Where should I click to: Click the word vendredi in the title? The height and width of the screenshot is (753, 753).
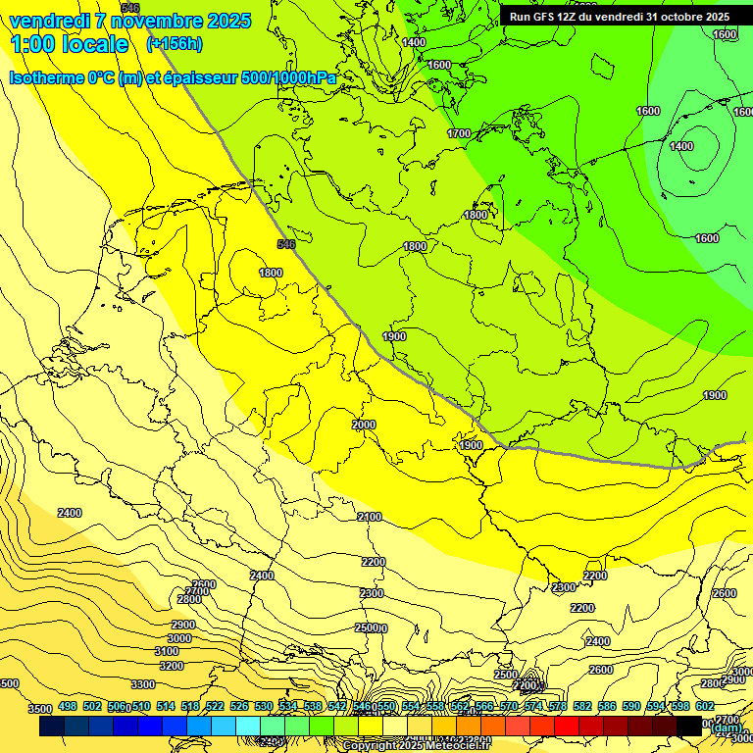tap(51, 21)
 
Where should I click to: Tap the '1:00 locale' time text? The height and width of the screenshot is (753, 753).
tap(70, 44)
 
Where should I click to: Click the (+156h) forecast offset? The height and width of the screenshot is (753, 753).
tap(174, 43)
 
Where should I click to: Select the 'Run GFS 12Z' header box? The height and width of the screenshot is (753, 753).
tap(619, 17)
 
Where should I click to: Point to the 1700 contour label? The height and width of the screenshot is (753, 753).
tap(459, 133)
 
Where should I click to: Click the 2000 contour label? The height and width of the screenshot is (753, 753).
tap(364, 425)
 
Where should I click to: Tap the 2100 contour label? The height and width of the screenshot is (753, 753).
tap(370, 517)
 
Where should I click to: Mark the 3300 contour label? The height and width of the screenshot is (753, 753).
tap(143, 684)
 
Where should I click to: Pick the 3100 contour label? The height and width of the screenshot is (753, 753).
tap(167, 652)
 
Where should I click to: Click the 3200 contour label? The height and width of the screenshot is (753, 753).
tap(172, 667)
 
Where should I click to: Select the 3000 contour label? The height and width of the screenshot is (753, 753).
tap(179, 638)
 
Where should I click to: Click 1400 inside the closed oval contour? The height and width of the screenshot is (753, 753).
tap(681, 147)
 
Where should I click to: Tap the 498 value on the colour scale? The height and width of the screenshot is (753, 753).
tap(68, 706)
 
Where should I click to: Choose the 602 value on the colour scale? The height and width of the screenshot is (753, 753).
tap(705, 706)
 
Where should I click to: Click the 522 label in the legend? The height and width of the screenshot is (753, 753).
tap(215, 706)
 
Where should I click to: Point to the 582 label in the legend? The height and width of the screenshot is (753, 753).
tap(582, 706)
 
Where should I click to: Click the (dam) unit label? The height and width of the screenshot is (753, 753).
tap(726, 728)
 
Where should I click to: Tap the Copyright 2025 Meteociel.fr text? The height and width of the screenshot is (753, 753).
tap(417, 746)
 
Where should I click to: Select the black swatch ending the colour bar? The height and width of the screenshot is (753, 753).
tap(689, 726)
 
